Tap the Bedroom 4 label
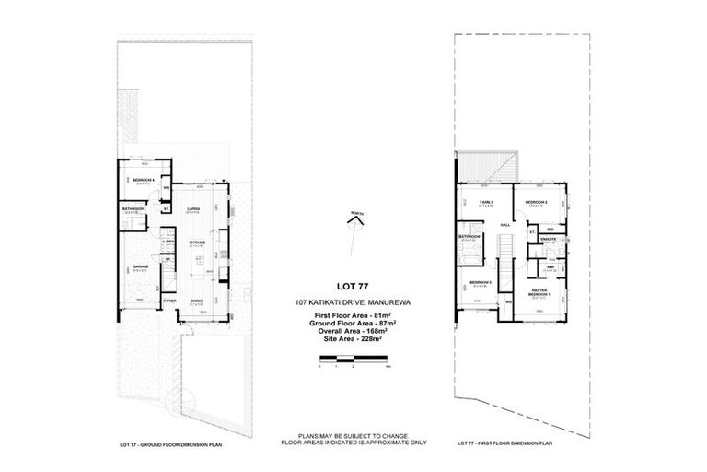point(143,180)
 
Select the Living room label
point(193,208)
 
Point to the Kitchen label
point(196,243)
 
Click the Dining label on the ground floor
point(197,301)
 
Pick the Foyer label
point(169,301)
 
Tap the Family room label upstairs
point(487,201)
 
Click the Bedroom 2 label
point(537,201)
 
